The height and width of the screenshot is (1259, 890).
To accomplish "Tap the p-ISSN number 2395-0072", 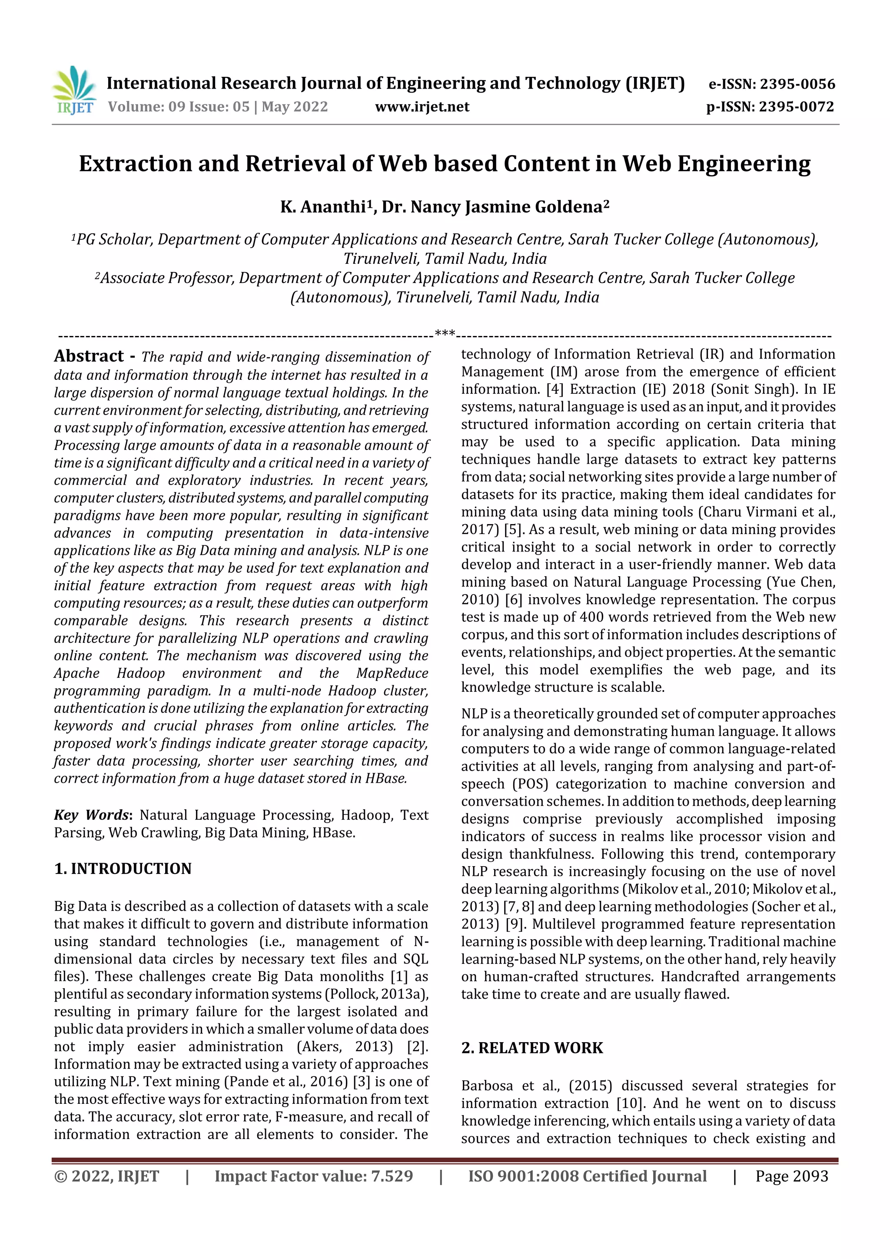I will click(x=796, y=106).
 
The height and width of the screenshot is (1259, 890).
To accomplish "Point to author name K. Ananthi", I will click(x=323, y=207).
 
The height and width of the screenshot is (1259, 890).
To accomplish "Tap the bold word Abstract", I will click(x=89, y=356).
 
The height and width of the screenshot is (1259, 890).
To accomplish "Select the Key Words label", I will click(x=91, y=815).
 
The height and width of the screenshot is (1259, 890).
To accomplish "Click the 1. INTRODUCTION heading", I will click(x=123, y=869).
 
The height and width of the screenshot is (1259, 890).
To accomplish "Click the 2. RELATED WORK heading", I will click(x=532, y=1048).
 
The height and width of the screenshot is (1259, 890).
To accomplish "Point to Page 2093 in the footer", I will click(x=791, y=1176).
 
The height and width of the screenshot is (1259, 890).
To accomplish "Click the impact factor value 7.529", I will click(x=392, y=1176).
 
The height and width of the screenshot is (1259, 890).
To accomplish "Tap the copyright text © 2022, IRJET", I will click(x=106, y=1176).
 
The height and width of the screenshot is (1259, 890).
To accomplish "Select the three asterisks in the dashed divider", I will click(x=444, y=333).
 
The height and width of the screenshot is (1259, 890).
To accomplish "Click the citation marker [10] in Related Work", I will click(x=630, y=1103).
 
